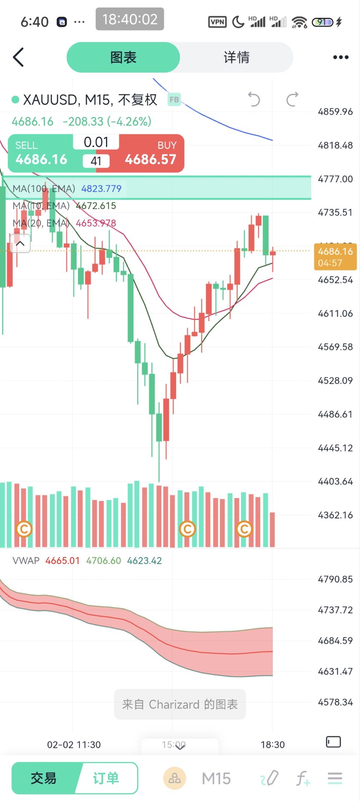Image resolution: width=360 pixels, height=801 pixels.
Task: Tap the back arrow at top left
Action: [18, 57]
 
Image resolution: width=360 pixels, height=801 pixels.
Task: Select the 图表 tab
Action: [123, 58]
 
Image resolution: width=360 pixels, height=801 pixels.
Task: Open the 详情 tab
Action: [237, 58]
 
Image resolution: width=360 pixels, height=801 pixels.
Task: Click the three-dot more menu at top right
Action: [340, 58]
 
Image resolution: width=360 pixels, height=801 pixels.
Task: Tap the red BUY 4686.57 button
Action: [151, 154]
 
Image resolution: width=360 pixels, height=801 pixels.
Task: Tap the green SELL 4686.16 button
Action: [41, 154]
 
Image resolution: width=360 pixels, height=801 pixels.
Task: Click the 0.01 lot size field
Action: [96, 142]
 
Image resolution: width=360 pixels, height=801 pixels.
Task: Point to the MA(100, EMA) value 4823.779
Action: [101, 189]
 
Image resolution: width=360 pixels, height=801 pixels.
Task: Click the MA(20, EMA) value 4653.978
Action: [96, 223]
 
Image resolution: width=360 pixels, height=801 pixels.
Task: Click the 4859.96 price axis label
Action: [335, 112]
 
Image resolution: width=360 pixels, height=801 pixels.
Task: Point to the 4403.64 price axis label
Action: [335, 481]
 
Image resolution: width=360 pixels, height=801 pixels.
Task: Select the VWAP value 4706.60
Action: [103, 561]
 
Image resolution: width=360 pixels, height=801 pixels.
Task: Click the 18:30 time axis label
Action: [272, 745]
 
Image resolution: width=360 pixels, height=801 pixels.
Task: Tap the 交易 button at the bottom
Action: [43, 778]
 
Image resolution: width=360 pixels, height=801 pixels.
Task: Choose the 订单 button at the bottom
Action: [106, 778]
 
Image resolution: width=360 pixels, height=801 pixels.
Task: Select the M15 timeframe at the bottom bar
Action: [216, 778]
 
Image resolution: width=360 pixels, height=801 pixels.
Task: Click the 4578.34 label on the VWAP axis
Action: [335, 702]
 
